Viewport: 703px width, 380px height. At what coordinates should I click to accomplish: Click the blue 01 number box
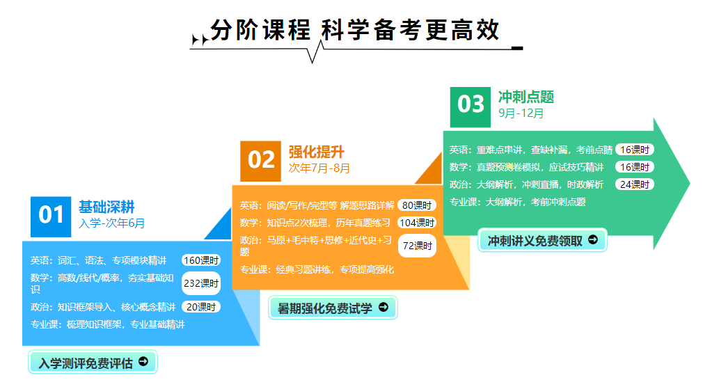click(51, 217)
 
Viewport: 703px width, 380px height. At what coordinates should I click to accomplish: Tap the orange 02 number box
click(260, 161)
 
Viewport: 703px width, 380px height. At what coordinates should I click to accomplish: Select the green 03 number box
click(471, 107)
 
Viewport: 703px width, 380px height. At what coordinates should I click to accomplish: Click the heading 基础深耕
click(106, 207)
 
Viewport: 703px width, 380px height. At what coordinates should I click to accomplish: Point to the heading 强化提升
click(317, 152)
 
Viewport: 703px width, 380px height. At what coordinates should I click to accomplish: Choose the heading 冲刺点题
click(526, 97)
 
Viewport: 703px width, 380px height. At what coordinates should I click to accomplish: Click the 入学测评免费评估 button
click(93, 362)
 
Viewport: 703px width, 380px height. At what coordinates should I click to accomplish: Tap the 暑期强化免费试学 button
click(333, 308)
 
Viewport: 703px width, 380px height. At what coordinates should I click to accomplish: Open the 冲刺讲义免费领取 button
click(542, 240)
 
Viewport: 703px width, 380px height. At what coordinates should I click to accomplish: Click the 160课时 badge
click(201, 260)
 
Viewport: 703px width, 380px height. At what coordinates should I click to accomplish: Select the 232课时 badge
click(201, 283)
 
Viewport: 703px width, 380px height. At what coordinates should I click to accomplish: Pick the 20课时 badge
click(201, 307)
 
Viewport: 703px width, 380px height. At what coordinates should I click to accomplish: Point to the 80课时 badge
click(417, 205)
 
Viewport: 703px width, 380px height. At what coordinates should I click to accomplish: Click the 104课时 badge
click(417, 223)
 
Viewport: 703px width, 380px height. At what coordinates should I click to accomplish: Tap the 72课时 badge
click(417, 246)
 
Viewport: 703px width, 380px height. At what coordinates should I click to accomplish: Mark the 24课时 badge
click(635, 184)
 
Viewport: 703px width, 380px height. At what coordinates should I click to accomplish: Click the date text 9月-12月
click(521, 113)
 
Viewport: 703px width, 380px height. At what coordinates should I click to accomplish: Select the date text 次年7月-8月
click(319, 168)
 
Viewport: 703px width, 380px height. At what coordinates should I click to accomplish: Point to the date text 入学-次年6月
click(111, 223)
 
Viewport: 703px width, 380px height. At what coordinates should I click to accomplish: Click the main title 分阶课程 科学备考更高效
click(355, 31)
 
